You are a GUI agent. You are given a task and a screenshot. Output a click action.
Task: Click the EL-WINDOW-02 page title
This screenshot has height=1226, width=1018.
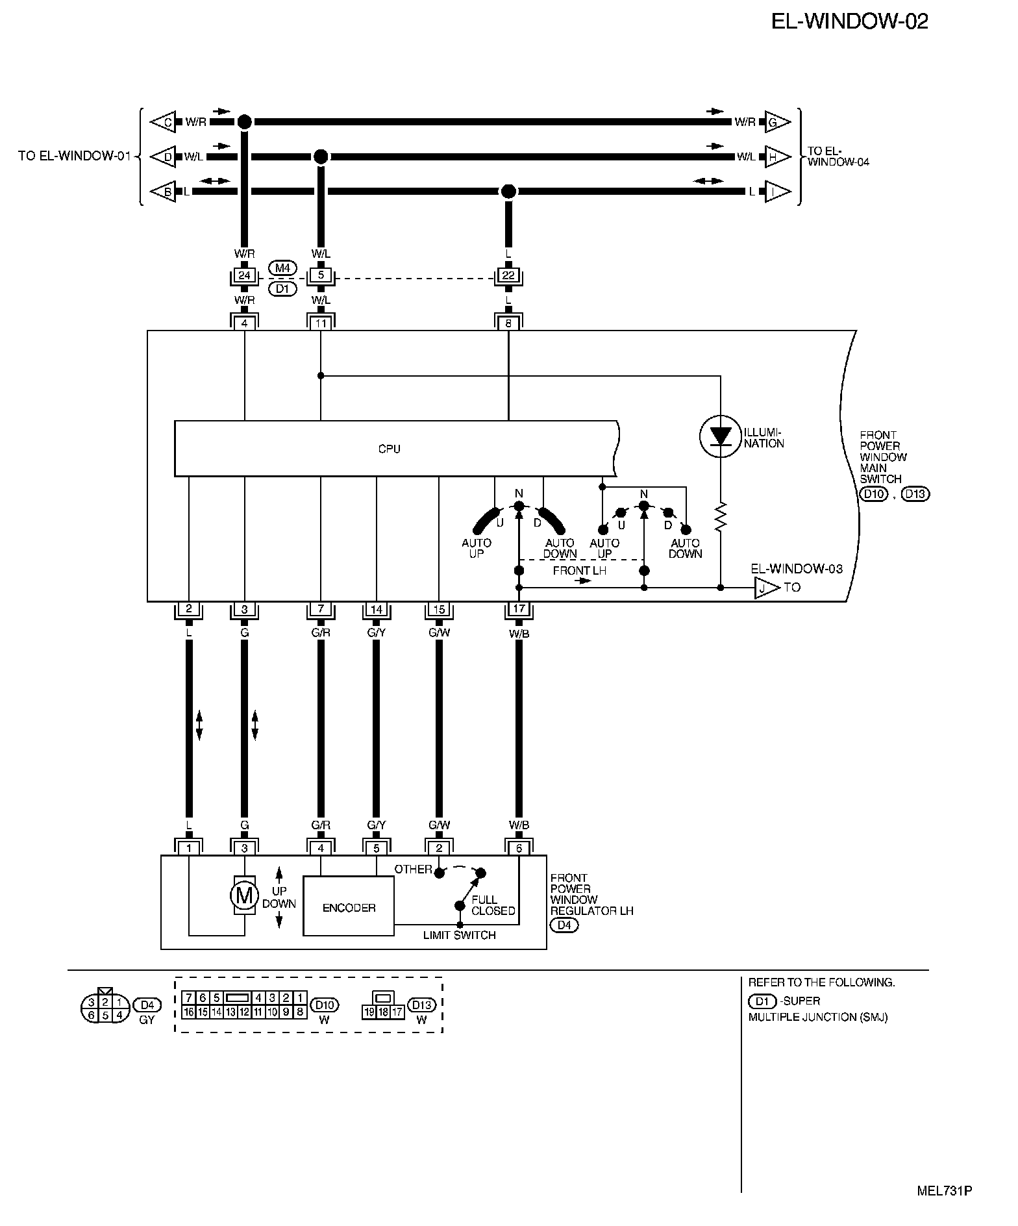point(849,21)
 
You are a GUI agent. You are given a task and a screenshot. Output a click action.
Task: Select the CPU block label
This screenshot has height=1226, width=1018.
point(389,449)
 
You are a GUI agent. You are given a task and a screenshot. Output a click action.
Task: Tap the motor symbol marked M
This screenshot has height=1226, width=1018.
point(244,896)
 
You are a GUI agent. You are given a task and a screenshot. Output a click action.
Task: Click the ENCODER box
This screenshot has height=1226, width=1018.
point(349,907)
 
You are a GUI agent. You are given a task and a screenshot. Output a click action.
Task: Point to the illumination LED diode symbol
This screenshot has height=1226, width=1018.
point(720,436)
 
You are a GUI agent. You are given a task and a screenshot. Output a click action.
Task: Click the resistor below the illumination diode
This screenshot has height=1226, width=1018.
point(720,518)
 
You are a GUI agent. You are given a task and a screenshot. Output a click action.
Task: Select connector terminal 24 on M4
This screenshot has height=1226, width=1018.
point(244,275)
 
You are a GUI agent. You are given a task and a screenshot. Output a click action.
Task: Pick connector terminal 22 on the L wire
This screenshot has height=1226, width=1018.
point(508,275)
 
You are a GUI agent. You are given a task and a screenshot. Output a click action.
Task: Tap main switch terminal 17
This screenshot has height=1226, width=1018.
point(519,609)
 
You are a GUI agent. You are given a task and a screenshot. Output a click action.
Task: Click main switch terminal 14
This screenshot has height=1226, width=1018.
point(377,609)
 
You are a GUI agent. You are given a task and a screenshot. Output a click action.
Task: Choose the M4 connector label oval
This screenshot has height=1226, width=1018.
point(282,268)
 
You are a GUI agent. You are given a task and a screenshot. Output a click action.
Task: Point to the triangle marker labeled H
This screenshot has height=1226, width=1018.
point(776,156)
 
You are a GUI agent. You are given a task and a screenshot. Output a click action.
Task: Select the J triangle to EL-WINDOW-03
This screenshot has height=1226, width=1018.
point(765,588)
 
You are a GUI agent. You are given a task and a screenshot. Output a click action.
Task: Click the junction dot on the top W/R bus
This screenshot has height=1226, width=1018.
point(244,121)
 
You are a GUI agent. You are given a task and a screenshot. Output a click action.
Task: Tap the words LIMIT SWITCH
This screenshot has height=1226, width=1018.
point(459,935)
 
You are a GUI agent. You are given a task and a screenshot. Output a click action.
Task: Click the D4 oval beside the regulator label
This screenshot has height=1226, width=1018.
point(564,925)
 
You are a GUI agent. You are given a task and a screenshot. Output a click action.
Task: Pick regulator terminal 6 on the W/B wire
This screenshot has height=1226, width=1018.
point(519,848)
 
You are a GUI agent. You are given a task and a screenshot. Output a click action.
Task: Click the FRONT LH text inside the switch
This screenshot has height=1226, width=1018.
point(579,571)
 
